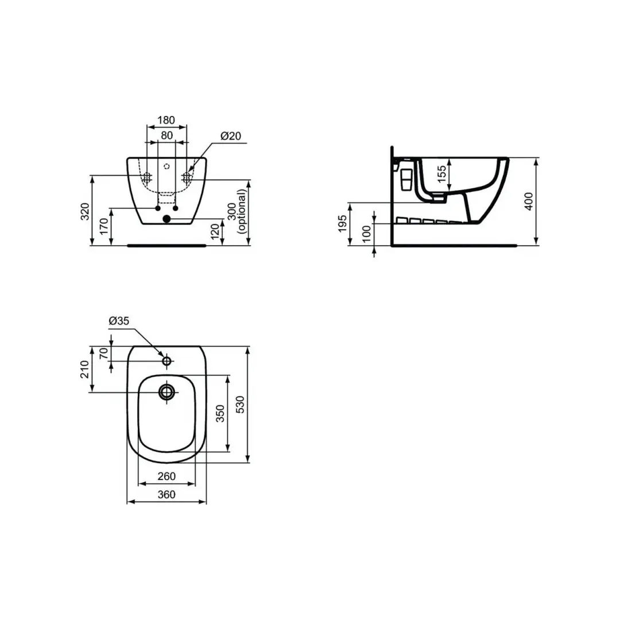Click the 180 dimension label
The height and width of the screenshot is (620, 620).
(166, 120)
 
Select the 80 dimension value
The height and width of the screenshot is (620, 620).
(167, 135)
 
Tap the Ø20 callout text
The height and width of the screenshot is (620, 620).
(231, 136)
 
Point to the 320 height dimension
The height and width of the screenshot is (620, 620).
(85, 211)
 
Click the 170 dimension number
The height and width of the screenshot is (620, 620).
(104, 226)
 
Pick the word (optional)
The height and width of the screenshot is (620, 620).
(242, 211)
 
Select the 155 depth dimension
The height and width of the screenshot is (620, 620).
(441, 174)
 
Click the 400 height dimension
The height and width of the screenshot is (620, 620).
(529, 201)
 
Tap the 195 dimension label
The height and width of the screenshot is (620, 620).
(342, 223)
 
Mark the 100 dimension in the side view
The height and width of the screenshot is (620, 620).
(366, 234)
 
